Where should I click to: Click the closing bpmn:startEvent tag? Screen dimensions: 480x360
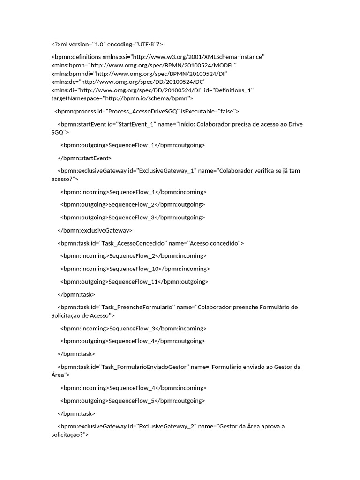[x=85, y=158]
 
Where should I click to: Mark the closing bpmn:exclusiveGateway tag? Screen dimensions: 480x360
[x=95, y=230]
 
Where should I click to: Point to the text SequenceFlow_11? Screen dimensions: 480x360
[x=133, y=282]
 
